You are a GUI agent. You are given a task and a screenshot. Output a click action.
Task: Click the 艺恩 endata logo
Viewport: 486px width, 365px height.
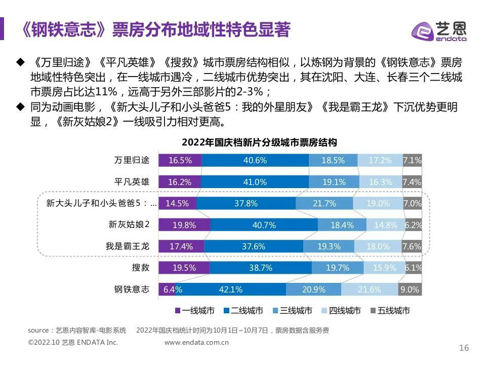(x=439, y=30)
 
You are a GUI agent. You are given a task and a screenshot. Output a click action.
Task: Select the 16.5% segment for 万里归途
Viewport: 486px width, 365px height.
(x=180, y=160)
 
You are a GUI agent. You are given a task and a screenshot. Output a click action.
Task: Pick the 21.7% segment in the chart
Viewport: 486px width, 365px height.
(x=325, y=203)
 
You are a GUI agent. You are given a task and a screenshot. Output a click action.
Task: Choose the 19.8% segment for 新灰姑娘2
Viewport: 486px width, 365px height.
(x=184, y=225)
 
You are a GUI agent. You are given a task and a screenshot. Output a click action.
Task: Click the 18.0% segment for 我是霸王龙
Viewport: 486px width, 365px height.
(x=378, y=246)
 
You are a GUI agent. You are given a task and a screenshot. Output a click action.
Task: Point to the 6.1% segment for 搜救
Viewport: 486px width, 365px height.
(x=413, y=268)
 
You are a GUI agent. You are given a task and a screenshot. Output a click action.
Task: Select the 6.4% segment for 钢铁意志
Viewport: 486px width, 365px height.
(x=167, y=289)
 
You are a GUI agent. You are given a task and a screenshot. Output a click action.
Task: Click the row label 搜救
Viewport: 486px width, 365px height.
(x=141, y=268)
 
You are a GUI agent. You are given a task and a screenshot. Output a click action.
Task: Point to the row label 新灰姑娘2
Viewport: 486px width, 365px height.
(x=129, y=225)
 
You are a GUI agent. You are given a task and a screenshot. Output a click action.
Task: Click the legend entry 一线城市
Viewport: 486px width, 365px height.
(x=194, y=311)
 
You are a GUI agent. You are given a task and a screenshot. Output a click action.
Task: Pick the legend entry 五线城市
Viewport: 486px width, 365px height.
(x=390, y=311)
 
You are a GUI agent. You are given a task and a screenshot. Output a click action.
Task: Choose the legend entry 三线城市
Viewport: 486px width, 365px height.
(x=292, y=311)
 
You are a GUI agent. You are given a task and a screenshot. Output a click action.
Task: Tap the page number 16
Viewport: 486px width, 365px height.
(x=464, y=347)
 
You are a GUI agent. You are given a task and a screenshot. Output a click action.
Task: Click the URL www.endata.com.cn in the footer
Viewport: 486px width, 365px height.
(x=196, y=342)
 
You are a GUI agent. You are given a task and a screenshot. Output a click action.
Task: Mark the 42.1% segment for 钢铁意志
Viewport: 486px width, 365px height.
(x=230, y=289)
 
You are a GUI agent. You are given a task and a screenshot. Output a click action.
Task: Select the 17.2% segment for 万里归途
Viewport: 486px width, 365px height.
(x=380, y=160)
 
